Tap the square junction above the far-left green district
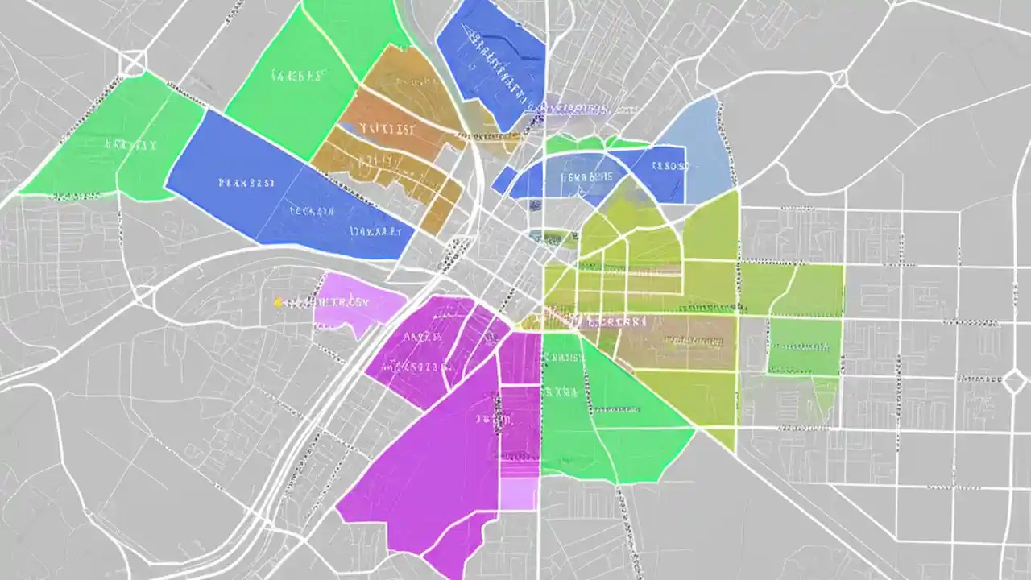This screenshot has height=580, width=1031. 133,62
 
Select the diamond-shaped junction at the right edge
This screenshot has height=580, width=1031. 1014,381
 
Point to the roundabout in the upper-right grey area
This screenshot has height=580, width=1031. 840,78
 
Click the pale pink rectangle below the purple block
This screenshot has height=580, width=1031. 519,492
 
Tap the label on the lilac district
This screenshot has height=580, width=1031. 338,303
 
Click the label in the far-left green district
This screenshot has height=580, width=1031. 130,146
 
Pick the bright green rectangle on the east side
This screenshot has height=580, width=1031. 804,347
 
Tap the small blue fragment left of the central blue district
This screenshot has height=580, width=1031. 504,180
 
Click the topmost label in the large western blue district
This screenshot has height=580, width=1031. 246,183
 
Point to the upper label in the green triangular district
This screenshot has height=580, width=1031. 561,392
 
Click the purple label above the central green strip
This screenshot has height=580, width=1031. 574,107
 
